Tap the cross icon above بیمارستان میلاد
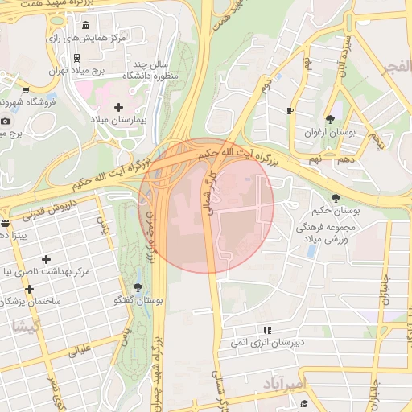click(119, 107)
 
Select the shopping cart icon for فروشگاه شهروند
click(26, 90)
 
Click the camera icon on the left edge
click(5, 121)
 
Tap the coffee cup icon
click(290, 110)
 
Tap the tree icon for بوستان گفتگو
click(138, 286)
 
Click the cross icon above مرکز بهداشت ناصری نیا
click(46, 259)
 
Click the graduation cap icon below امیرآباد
click(303, 402)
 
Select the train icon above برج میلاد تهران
click(76, 57)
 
